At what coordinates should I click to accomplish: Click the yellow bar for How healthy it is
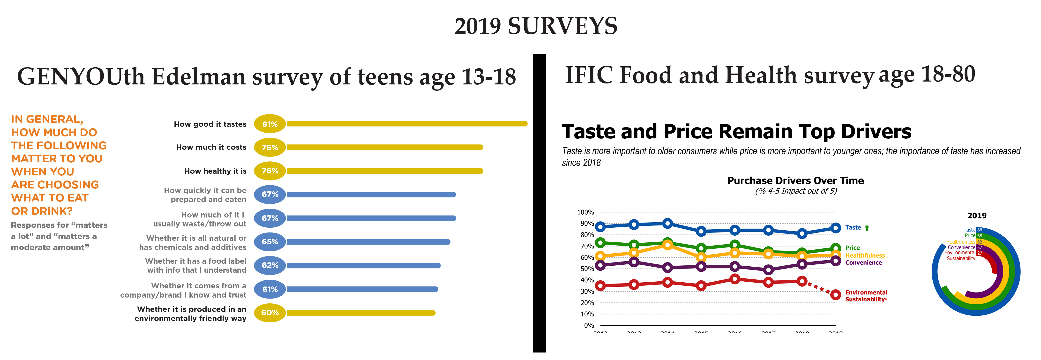tap(384, 171)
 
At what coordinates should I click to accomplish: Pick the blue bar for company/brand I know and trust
tap(362, 289)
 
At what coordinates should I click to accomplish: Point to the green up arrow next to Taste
tap(867, 228)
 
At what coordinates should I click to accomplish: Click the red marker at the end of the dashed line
tap(835, 295)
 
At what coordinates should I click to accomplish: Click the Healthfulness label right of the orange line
tap(865, 255)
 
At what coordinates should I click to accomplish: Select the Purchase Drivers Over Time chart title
tap(795, 181)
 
